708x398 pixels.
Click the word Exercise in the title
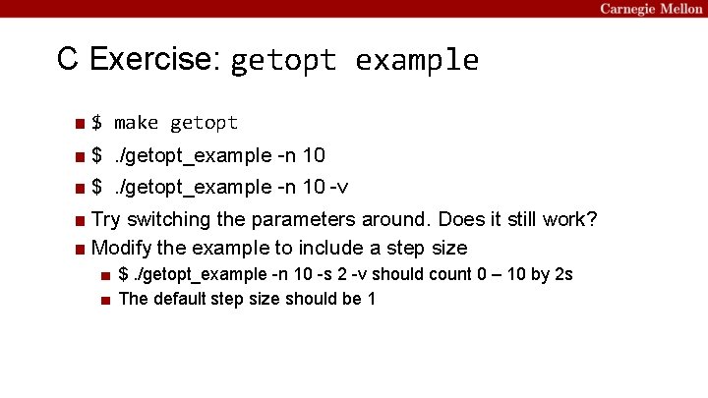coord(151,60)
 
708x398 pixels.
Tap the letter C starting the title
coord(67,60)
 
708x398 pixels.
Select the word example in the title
coord(417,61)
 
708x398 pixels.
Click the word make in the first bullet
coord(136,123)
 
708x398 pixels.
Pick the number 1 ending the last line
coord(371,299)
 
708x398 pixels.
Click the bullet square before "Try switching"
coord(79,220)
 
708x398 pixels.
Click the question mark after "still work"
coord(591,219)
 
